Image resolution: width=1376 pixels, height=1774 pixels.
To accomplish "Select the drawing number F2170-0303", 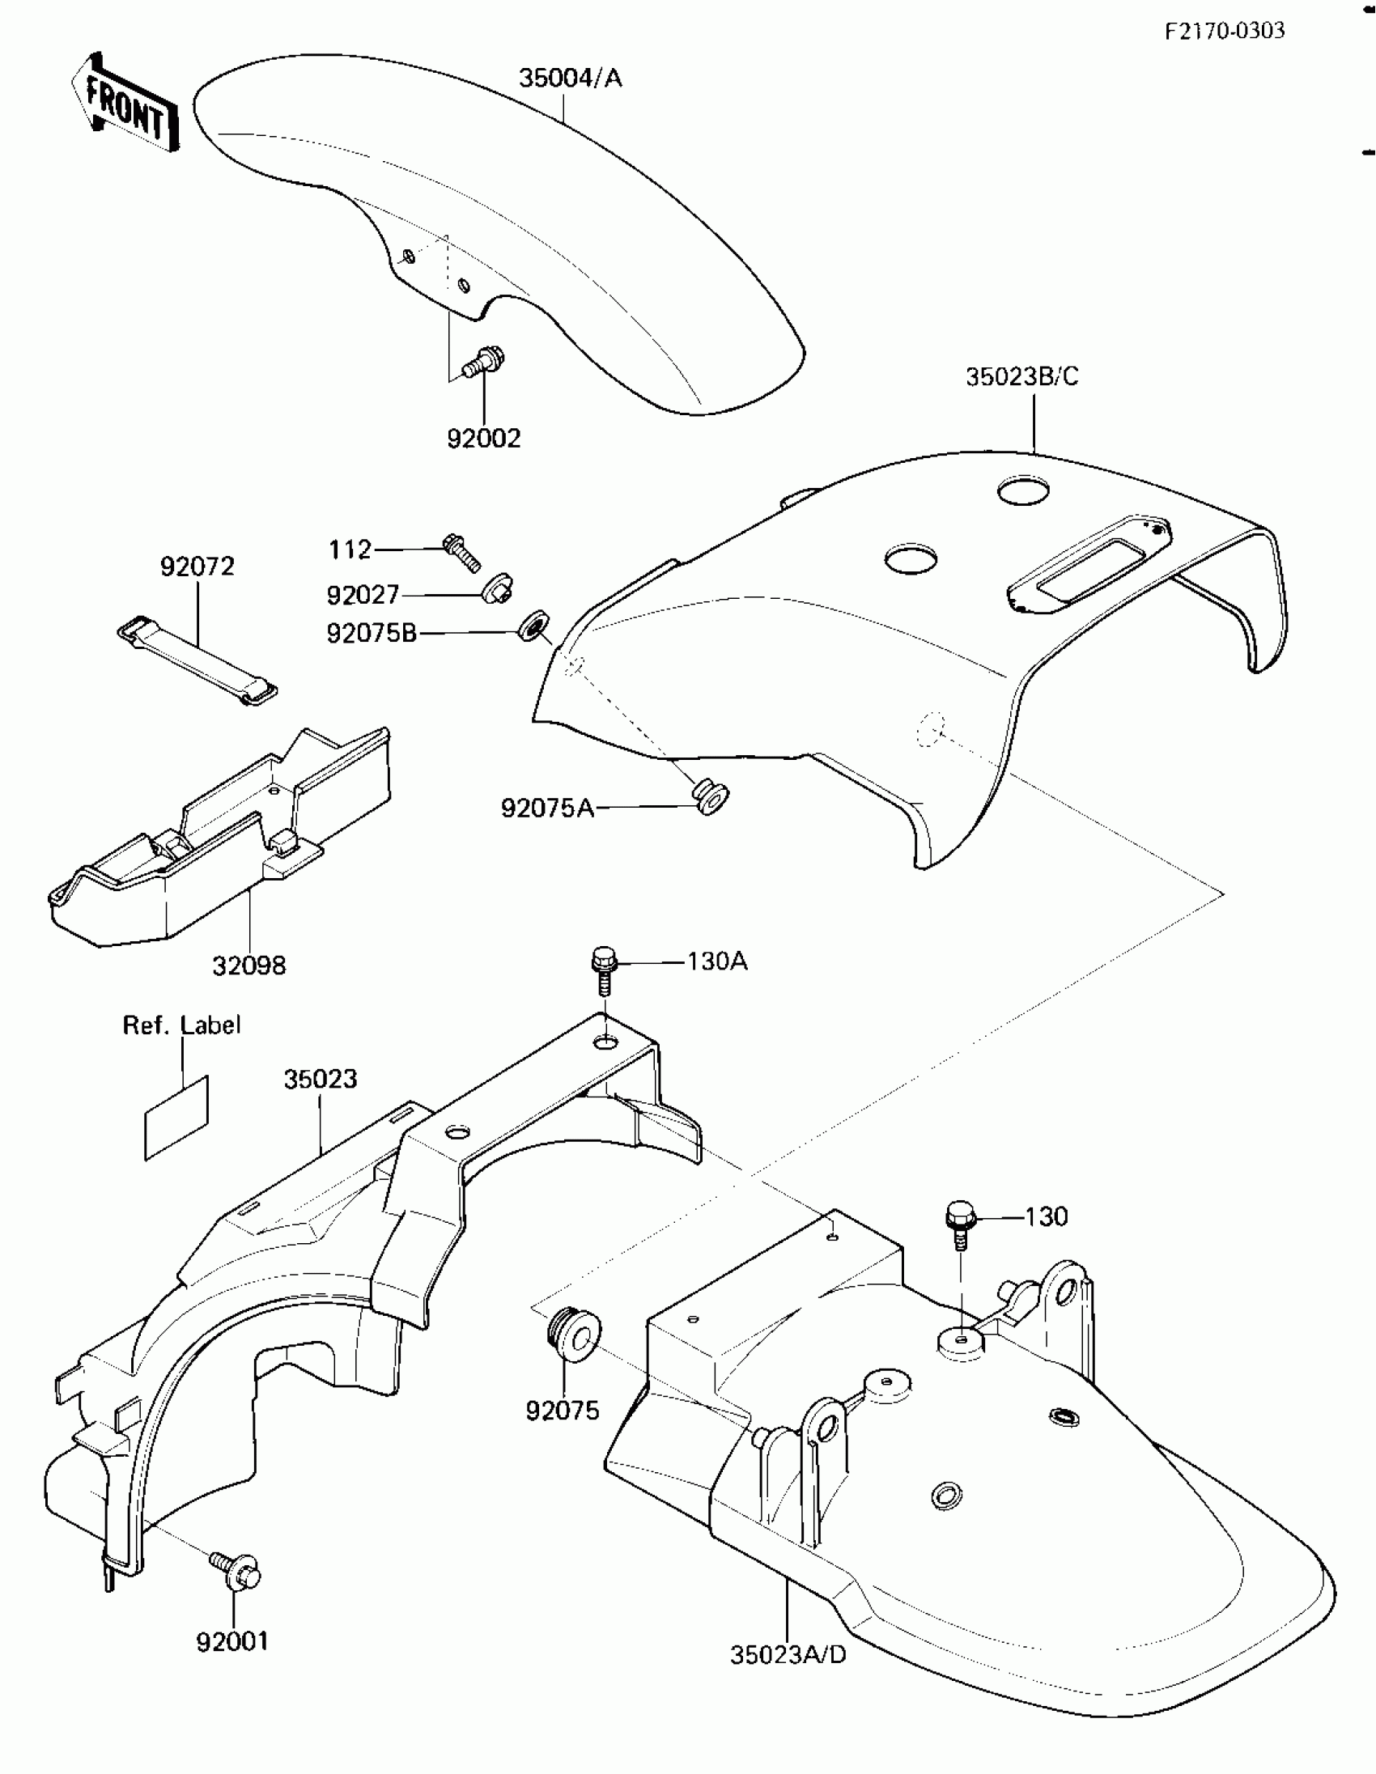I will (x=1225, y=31).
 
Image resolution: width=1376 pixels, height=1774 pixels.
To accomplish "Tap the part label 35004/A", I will (x=570, y=78).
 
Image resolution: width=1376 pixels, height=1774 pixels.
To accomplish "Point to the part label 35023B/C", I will (x=1021, y=377).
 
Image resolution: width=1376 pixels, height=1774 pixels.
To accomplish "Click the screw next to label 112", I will (x=461, y=551).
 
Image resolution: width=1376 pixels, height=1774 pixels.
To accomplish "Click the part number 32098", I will (x=248, y=966).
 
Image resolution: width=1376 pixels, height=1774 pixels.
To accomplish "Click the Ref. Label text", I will (x=182, y=1025).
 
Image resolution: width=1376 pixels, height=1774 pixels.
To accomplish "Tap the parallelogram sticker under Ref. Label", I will (x=176, y=1118).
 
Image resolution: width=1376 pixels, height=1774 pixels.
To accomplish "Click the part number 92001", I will (x=232, y=1641).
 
